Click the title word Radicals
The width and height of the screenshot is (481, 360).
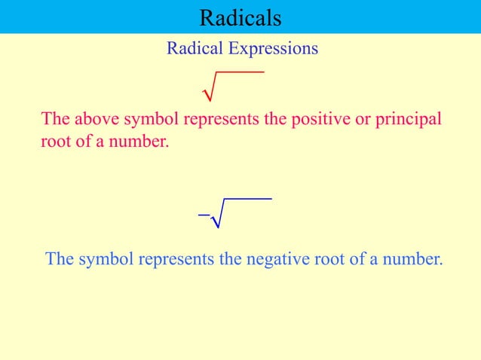240,17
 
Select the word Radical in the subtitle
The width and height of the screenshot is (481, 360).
195,49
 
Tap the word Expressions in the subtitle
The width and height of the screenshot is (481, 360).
274,49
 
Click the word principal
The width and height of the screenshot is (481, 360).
404,120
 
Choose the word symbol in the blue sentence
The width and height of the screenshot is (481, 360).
105,260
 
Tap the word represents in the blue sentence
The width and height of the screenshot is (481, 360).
178,260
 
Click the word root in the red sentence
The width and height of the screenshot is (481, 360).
54,140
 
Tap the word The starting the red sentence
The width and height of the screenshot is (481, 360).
54,120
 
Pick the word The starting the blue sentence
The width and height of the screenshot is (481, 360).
59,260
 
